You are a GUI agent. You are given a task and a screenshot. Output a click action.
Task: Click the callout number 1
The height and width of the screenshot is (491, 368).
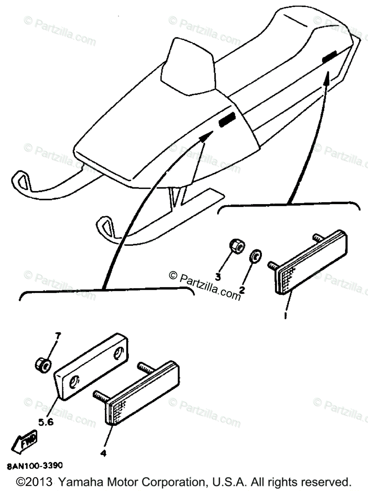point(286,316)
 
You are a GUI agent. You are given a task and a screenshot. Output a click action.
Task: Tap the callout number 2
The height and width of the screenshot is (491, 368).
point(242,290)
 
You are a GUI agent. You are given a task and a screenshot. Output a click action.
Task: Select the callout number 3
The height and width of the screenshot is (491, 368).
point(218,277)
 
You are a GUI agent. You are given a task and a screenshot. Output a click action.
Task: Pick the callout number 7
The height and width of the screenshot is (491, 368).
point(58,336)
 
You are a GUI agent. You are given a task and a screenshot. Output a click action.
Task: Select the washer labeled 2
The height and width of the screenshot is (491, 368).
point(254,257)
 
